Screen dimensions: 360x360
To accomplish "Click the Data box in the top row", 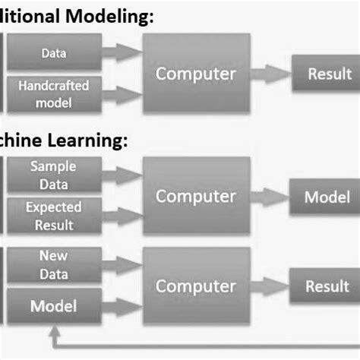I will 52,54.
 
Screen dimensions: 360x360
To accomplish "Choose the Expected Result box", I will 52,216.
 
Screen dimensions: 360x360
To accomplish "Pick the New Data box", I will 52,266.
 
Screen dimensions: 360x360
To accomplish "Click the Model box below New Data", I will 52,306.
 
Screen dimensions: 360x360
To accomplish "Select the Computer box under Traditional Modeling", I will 196,74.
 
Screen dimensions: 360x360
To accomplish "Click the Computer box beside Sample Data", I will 196,196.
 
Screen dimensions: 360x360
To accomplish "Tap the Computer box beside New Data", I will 196,286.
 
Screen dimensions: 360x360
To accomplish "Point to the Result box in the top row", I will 329,74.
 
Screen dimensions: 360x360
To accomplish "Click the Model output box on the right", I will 327,197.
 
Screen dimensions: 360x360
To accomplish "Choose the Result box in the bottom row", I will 327,286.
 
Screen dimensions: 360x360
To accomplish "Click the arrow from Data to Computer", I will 122,52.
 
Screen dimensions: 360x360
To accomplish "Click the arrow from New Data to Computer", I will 122,266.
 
